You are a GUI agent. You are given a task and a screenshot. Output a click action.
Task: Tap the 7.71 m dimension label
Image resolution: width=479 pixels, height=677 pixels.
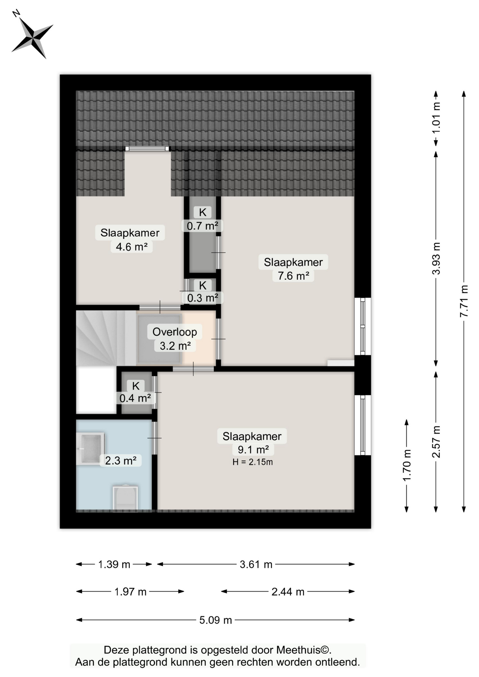tap(464, 301)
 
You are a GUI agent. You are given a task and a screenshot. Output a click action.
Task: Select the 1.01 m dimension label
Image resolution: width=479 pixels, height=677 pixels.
tap(436, 118)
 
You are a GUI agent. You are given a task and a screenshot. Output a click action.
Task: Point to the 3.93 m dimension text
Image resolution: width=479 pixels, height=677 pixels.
tap(436, 258)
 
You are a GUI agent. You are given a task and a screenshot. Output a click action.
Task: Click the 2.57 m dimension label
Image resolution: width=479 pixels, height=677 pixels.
tap(436, 442)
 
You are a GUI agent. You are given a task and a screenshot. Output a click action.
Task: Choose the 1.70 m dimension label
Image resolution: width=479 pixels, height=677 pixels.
tap(407, 465)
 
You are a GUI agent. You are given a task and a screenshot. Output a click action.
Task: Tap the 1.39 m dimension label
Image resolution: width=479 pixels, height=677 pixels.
tap(114, 565)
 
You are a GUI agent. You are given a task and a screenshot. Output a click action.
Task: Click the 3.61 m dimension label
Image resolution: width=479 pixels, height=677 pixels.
tap(256, 565)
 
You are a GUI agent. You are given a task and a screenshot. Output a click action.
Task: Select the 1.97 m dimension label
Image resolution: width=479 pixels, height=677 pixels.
tap(130, 592)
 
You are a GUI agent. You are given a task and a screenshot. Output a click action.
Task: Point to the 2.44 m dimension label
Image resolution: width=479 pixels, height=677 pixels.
tap(288, 592)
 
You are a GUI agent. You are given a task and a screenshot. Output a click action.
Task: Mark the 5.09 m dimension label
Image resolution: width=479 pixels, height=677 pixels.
tap(216, 620)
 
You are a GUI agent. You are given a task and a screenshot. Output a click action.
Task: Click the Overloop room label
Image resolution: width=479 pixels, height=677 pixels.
tap(175, 332)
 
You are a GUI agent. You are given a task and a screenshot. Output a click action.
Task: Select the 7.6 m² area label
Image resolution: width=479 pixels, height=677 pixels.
tap(293, 275)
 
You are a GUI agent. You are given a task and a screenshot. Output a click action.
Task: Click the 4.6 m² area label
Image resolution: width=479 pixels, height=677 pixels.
tap(132, 246)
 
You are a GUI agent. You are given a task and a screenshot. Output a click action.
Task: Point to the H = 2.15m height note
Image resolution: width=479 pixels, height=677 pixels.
tap(253, 462)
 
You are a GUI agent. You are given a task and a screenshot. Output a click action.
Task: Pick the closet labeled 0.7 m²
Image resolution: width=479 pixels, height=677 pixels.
tap(202, 234)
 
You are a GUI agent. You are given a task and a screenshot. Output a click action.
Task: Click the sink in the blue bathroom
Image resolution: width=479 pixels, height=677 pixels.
tap(90, 449)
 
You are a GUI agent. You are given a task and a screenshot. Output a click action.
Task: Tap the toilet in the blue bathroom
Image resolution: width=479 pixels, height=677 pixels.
tap(125, 497)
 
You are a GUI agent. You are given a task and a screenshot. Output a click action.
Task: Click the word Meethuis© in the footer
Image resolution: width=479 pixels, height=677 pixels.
tap(303, 650)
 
